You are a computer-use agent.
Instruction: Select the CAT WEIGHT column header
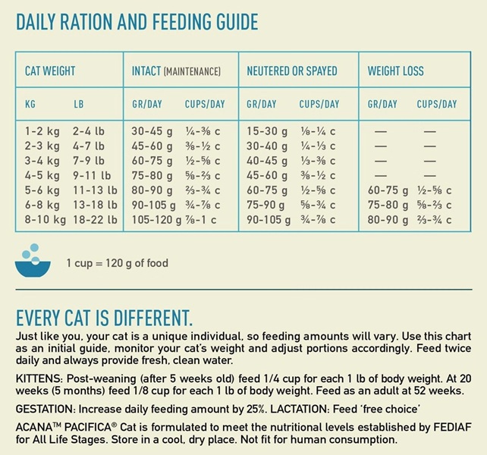(x=50, y=71)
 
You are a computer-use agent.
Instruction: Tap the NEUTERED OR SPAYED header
(x=292, y=71)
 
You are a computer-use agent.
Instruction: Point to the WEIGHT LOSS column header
(x=396, y=71)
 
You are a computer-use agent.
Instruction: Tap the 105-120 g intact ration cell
(x=156, y=220)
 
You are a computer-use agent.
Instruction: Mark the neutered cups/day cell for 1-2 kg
(x=317, y=131)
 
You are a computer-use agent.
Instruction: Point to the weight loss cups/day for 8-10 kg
(x=435, y=220)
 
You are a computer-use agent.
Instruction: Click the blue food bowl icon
(x=33, y=262)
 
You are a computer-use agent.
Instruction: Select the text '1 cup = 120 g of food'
(x=117, y=264)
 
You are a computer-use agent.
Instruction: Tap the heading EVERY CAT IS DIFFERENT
(x=104, y=316)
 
